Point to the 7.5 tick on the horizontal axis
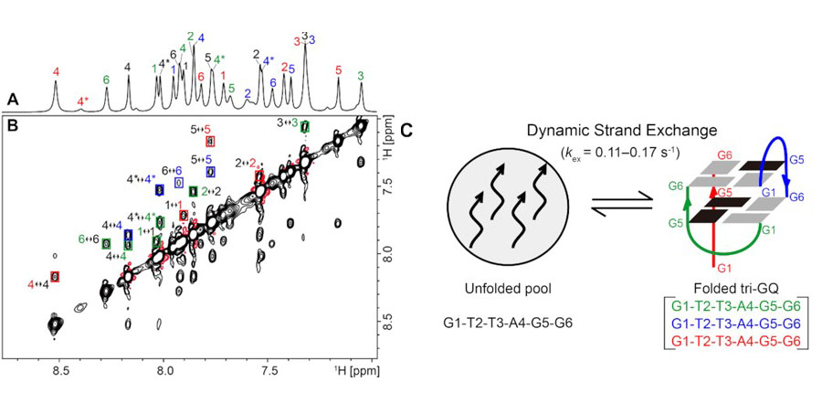tap(269, 372)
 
